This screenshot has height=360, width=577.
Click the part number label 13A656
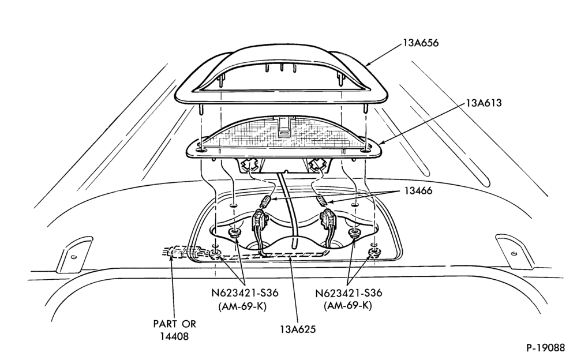tap(421, 43)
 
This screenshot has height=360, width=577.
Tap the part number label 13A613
tap(484, 103)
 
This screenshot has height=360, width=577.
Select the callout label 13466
tap(418, 191)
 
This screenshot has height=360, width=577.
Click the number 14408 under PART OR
tap(174, 336)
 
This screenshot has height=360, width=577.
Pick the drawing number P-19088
tap(545, 348)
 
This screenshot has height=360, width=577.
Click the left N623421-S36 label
tap(245, 293)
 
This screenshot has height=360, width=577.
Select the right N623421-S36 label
tap(349, 293)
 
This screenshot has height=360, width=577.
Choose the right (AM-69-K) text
tap(348, 306)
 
